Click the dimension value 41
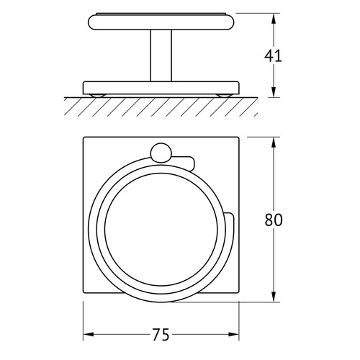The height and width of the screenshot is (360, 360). point(273,56)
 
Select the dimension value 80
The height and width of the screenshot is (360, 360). point(274,220)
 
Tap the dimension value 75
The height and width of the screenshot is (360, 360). point(161,335)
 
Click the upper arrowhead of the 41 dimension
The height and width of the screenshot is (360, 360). point(274,19)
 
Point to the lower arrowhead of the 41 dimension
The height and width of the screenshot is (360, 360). point(274,92)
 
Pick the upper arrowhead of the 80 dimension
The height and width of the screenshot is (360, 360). point(274,143)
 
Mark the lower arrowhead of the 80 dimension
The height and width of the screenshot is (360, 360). point(274,297)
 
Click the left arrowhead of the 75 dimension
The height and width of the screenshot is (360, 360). point(89,334)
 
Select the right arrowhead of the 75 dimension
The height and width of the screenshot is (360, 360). point(233,334)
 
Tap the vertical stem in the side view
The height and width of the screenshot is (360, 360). point(161,55)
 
